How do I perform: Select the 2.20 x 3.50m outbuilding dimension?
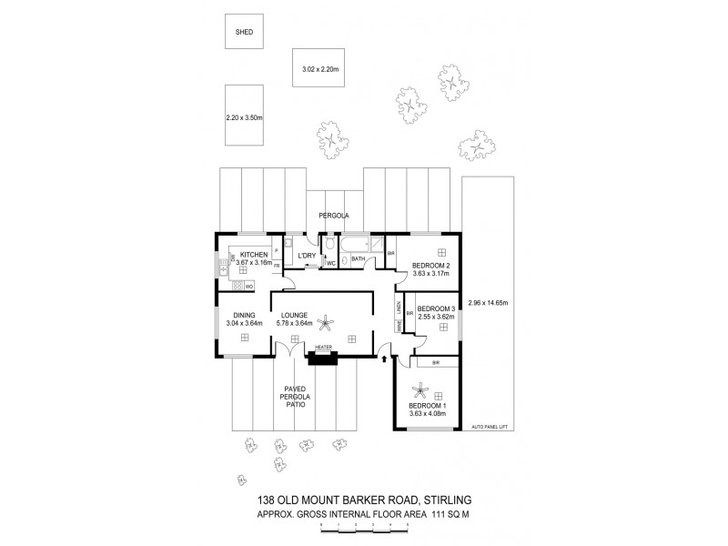(244, 118)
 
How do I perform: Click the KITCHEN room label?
(254, 255)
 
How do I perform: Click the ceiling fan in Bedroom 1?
(420, 392)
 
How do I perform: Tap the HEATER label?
(323, 348)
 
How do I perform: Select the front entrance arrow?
(384, 361)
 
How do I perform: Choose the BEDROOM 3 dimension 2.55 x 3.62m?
(434, 317)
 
